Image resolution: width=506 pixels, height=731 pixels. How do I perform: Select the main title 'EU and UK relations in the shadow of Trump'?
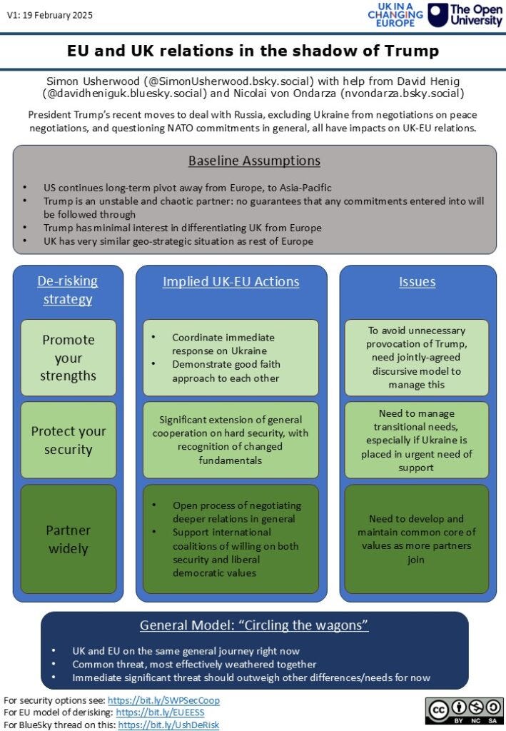coord(253,51)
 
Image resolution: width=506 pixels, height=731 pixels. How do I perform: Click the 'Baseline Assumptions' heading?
coord(254,161)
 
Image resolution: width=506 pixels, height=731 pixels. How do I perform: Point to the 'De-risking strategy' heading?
coord(68,289)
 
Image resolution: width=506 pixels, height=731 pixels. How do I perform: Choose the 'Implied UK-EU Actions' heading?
coord(231,281)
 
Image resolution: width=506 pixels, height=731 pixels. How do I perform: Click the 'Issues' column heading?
coord(417,281)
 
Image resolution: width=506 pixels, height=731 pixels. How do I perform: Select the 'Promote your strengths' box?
coord(68,358)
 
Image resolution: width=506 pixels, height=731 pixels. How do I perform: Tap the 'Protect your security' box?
coord(68,440)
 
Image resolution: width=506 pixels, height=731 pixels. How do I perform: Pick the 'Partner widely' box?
coord(68,539)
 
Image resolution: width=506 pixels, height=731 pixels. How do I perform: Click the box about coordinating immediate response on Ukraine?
coord(231,358)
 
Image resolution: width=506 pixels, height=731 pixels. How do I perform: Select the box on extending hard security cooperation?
coord(231,440)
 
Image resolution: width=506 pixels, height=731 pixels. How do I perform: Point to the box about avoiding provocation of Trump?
coord(417,358)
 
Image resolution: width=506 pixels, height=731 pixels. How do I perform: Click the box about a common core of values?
coord(417,539)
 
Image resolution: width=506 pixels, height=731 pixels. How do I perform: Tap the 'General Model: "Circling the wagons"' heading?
coord(254,626)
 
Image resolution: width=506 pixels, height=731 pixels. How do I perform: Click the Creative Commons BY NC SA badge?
coord(465,711)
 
